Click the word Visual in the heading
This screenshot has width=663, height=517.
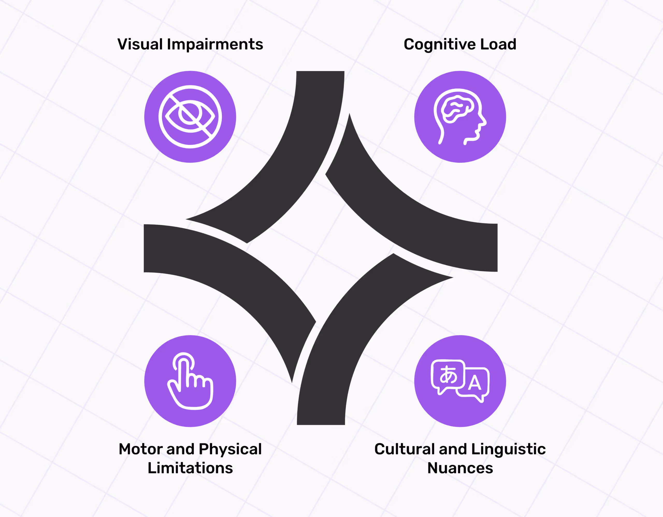coord(140,44)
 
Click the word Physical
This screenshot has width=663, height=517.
coord(230,450)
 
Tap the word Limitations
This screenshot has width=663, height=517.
coord(190,468)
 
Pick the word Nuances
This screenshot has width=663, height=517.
coord(460,468)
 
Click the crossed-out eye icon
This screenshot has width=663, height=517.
coord(190,117)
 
